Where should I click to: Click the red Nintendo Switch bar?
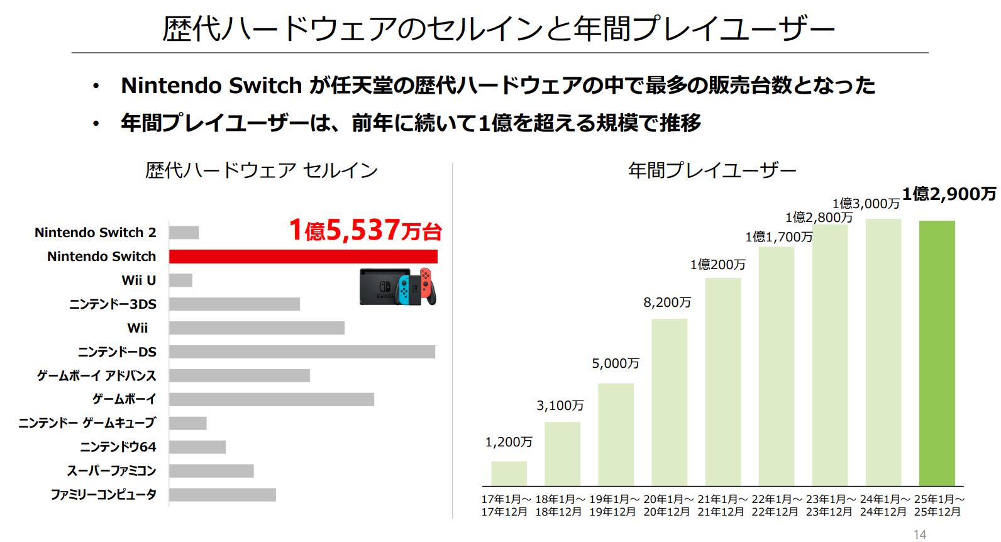click(x=302, y=257)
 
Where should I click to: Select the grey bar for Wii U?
click(x=180, y=280)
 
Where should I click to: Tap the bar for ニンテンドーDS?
click(x=302, y=352)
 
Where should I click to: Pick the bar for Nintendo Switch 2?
click(x=184, y=233)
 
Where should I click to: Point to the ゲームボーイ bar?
click(x=271, y=399)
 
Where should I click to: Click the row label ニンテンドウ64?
click(x=118, y=447)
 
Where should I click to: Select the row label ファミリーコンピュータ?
click(x=104, y=495)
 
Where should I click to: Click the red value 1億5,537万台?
click(x=365, y=231)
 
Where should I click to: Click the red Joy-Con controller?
click(x=428, y=286)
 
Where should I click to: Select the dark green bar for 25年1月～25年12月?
click(x=937, y=353)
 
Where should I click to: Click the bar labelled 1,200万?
click(x=509, y=473)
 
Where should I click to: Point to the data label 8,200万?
click(x=667, y=303)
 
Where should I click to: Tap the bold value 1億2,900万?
click(x=949, y=194)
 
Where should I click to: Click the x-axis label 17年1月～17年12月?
click(x=506, y=506)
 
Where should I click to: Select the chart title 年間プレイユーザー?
click(x=712, y=170)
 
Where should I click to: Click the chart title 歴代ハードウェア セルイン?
click(x=261, y=170)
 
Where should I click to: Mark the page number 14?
click(x=919, y=534)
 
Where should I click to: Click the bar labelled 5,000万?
click(x=616, y=434)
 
